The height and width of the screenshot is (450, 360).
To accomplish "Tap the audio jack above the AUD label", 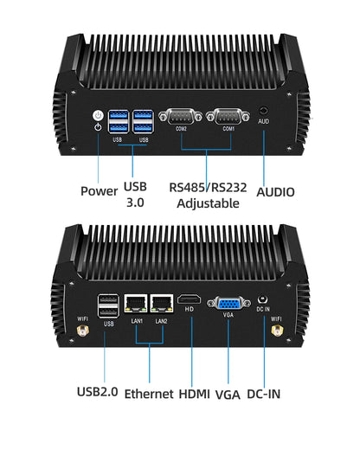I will [263, 112].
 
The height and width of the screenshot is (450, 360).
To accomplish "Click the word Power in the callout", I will [99, 191].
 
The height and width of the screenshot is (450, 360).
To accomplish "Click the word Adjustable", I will [208, 204].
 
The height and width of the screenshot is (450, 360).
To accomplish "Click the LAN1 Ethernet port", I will [137, 304].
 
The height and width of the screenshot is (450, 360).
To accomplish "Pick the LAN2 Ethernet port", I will [161, 304].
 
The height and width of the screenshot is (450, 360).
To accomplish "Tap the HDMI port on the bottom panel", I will [190, 302].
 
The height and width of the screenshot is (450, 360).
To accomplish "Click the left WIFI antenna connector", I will [83, 331].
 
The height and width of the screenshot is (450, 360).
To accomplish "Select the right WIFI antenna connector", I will [276, 331].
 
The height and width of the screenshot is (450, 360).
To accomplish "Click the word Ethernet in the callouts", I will [149, 394].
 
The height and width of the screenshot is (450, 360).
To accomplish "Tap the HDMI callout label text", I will [194, 394].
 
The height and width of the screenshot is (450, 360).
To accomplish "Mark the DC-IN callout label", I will [263, 394].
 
